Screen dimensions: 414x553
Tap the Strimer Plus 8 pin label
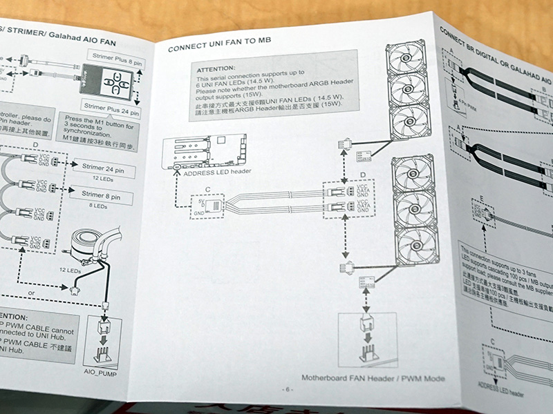[x=114, y=55]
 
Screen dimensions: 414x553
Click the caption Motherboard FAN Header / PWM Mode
[x=373, y=378]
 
